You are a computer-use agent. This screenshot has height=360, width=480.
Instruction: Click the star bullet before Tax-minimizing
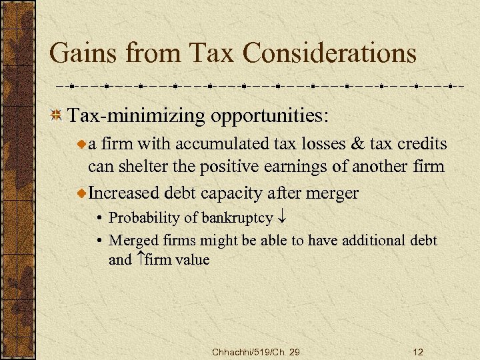point(57,116)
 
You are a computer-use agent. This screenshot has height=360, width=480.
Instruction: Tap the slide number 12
point(418,351)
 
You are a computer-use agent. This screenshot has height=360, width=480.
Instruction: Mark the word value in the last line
point(193,259)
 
